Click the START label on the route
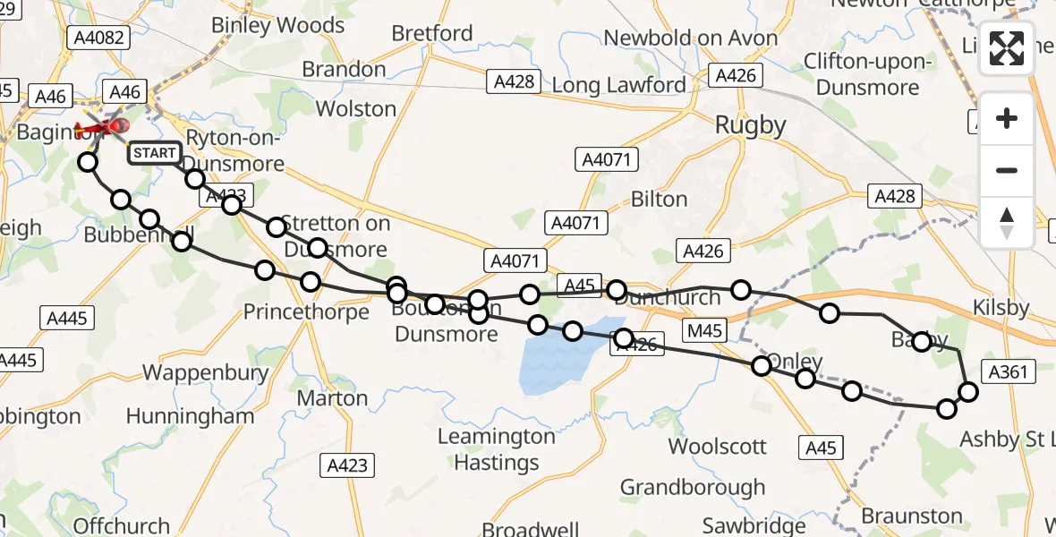(155, 153)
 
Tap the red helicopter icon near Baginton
(104, 128)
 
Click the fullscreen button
(1007, 48)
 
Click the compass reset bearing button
(1007, 223)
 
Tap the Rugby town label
(751, 125)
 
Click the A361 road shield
(1006, 371)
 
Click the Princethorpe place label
(307, 311)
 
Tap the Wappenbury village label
(206, 371)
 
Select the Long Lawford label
(618, 85)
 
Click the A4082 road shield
(101, 38)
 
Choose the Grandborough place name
(693, 487)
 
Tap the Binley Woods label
(277, 25)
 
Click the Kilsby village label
(1001, 307)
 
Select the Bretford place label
(432, 34)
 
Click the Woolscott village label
(718, 446)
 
